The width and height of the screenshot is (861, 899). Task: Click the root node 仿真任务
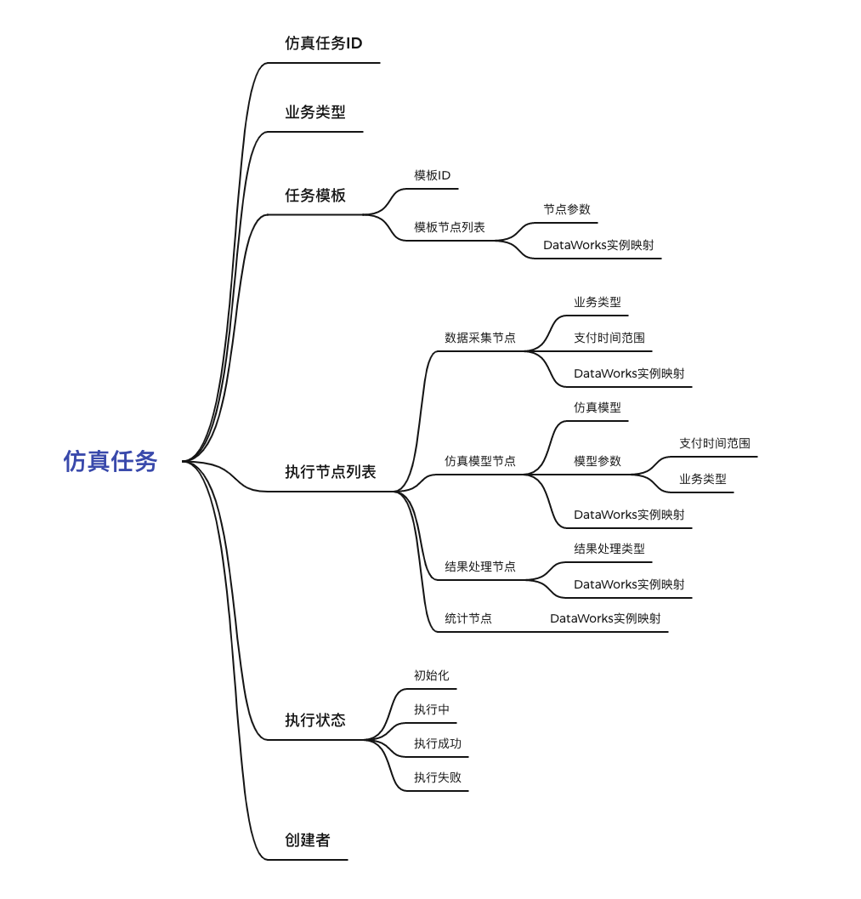(x=110, y=461)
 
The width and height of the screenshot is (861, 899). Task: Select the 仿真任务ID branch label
(x=323, y=43)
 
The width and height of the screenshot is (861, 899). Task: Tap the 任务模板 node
(x=314, y=196)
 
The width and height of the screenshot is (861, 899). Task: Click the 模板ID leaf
(x=432, y=176)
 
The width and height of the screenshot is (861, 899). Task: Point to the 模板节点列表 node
(x=449, y=228)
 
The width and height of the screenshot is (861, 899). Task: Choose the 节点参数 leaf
(x=566, y=209)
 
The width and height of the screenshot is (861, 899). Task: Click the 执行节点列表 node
(x=330, y=472)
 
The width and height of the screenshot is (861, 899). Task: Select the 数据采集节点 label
(x=479, y=338)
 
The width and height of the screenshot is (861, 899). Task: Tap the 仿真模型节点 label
(x=479, y=461)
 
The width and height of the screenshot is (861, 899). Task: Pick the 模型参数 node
(x=597, y=461)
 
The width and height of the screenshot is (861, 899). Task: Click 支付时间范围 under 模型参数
(x=714, y=443)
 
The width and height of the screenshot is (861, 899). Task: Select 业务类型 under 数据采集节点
(x=597, y=302)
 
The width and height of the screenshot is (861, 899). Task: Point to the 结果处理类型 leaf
(x=609, y=549)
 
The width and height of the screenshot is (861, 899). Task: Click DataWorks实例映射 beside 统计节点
(x=604, y=618)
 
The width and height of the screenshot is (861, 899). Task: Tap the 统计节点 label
(x=467, y=618)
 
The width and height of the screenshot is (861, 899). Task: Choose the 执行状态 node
(x=314, y=720)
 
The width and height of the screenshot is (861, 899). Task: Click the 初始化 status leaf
(x=431, y=675)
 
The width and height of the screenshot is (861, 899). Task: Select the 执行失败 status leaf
(x=437, y=777)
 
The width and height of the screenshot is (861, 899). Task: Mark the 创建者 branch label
(x=307, y=840)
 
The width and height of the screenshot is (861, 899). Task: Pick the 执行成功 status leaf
(x=437, y=743)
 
